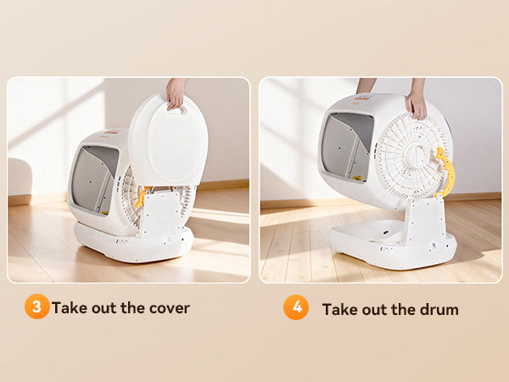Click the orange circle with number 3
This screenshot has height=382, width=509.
tap(37, 306)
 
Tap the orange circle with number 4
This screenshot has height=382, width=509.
tap(296, 307)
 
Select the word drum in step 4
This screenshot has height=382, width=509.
tap(439, 310)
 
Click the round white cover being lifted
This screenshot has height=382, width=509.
tap(169, 139)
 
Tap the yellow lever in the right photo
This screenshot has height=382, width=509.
tap(445, 172)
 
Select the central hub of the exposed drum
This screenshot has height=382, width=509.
tap(419, 154)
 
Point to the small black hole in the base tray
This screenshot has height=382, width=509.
tap(386, 233)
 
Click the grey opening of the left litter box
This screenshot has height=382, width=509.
tap(94, 180)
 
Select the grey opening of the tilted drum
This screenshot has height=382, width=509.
tap(347, 147)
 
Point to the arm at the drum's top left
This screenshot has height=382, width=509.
tap(365, 86)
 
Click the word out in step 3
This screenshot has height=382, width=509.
tap(103, 308)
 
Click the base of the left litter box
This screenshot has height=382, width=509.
tap(133, 243)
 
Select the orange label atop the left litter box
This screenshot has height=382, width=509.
tap(112, 132)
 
